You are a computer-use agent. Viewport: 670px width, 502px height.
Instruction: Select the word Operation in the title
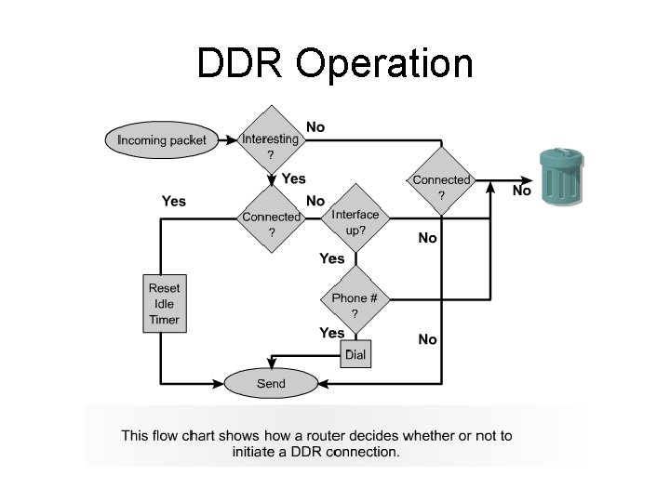[x=384, y=65]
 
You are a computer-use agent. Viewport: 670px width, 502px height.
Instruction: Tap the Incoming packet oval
[x=162, y=140]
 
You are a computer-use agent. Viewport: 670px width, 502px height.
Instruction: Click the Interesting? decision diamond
[x=271, y=140]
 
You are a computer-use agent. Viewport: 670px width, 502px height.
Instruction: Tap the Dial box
[x=355, y=354]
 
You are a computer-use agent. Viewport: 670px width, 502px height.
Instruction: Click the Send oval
[x=271, y=382]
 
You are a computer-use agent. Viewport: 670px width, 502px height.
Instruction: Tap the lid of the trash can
[x=559, y=154]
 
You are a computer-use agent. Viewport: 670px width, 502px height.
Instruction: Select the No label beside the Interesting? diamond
[x=315, y=126]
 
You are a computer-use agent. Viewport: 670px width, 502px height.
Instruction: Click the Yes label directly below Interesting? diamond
[x=293, y=178]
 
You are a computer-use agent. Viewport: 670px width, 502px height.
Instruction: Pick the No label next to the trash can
[x=522, y=191]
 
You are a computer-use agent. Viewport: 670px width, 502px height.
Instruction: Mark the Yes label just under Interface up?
[x=331, y=258]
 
